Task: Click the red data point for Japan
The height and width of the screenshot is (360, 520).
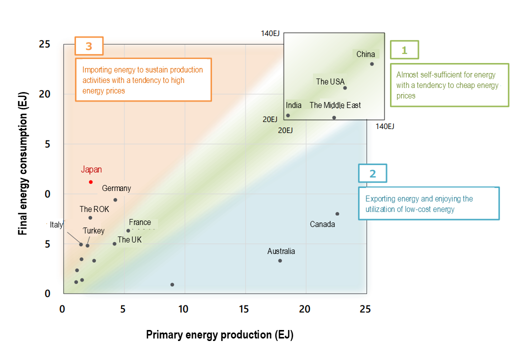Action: coord(90,182)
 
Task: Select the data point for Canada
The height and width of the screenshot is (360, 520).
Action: coord(337,213)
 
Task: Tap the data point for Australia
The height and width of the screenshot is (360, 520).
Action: coord(280,260)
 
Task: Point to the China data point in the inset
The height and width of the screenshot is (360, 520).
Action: coord(372,64)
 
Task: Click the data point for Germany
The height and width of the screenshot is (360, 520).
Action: coord(115,199)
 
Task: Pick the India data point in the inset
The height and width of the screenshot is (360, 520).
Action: coord(288,115)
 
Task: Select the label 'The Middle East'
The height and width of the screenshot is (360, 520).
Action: coord(335,105)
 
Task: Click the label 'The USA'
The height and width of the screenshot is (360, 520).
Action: coord(330,81)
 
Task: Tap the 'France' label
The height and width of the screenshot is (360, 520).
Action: coord(140,222)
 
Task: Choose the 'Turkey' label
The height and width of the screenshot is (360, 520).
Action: coord(93,231)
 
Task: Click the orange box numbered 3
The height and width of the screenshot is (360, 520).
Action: coord(89,46)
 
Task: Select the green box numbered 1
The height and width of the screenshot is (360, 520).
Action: coord(404,50)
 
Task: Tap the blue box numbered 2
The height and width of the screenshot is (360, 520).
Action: coord(372,173)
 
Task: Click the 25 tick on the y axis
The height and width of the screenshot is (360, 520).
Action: coord(44,44)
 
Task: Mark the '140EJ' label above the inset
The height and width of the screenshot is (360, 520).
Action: coord(270,33)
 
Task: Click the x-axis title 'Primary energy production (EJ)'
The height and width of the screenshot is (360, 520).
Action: coord(219,335)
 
